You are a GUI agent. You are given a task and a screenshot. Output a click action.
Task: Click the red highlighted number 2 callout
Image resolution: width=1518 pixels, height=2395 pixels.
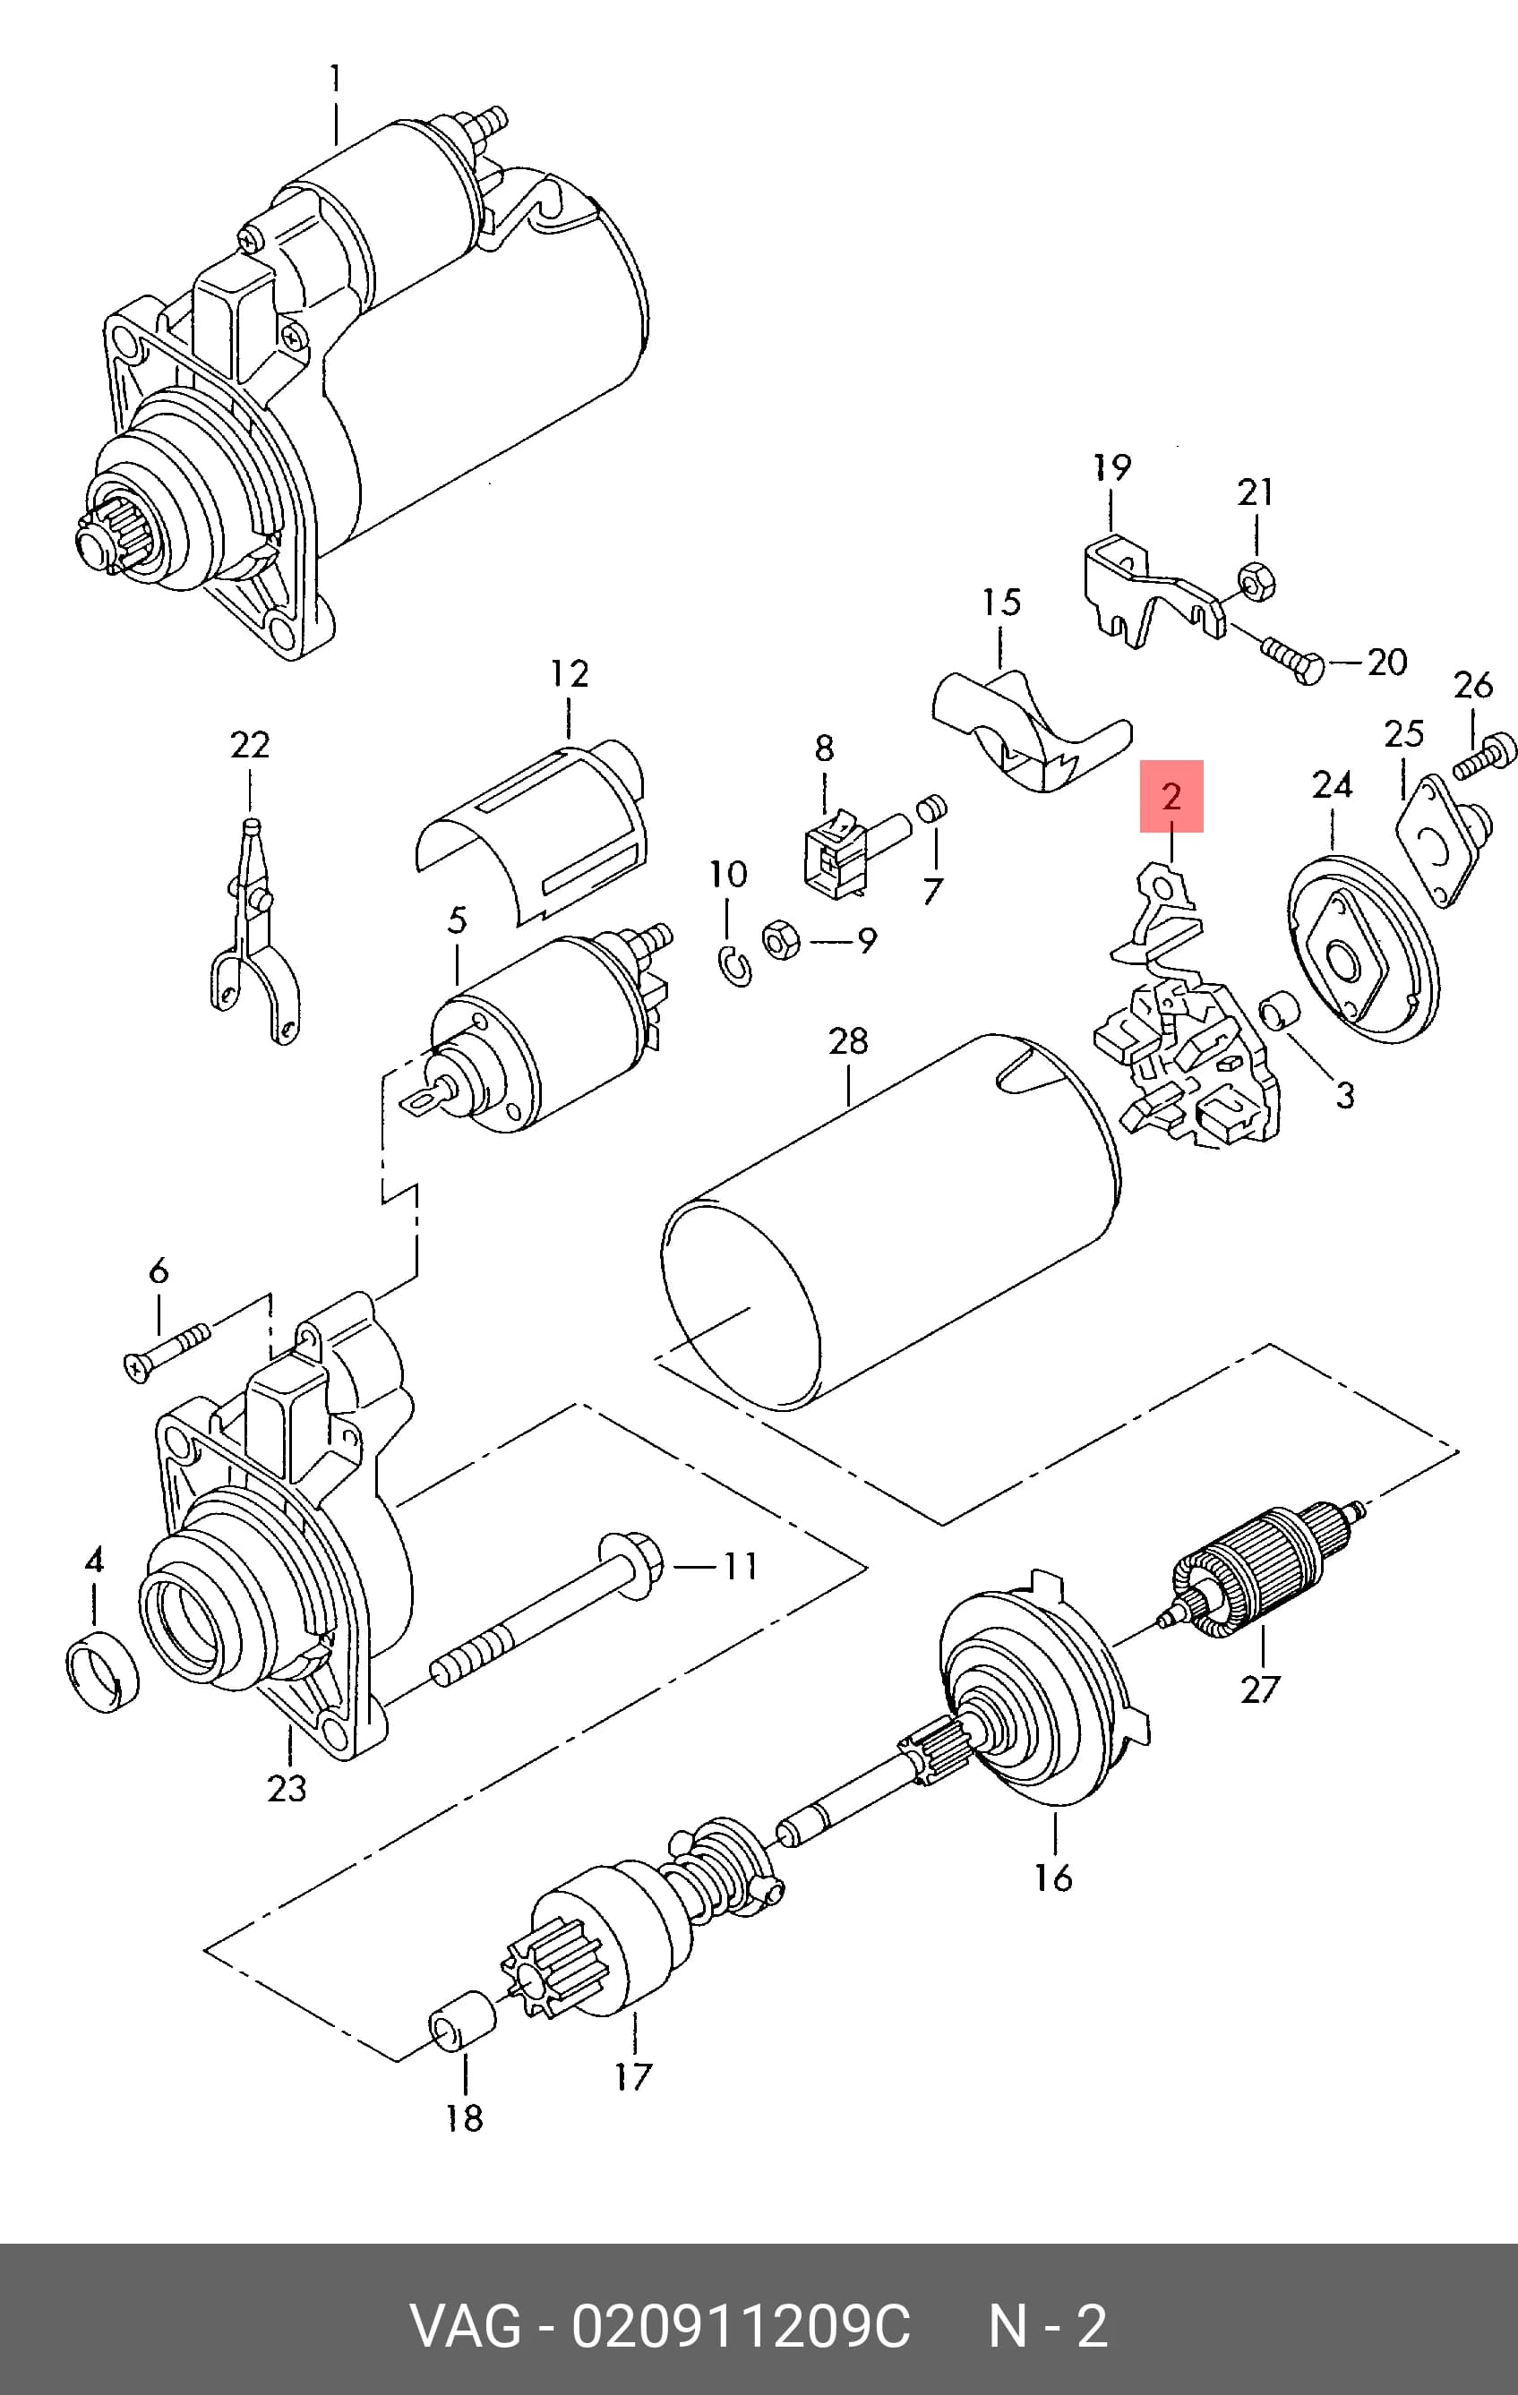point(1171,796)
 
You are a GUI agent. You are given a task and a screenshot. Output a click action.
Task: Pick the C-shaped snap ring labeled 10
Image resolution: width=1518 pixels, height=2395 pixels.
point(735,967)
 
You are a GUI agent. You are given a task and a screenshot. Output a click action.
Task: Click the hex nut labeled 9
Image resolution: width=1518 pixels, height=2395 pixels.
point(781,939)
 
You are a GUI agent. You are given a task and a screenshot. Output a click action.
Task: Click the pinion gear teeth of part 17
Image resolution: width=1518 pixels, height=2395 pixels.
point(549,1971)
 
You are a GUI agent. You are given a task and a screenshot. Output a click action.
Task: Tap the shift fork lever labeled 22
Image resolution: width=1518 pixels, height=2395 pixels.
point(253,931)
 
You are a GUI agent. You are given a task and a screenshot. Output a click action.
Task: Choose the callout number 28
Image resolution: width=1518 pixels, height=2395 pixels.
point(847,1040)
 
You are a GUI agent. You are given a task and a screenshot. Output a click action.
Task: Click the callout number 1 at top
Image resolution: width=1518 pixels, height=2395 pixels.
point(335,79)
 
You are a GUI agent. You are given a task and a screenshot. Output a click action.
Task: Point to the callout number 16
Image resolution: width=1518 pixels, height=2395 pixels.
point(1052,1878)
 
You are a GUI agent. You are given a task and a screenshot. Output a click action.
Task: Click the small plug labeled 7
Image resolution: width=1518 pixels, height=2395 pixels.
point(931,809)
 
